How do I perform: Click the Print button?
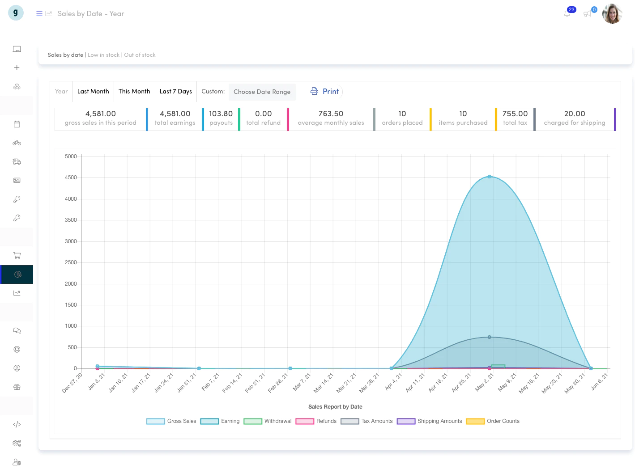coord(324,91)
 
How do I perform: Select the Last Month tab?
coord(93,91)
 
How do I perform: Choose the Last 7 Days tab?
coord(175,91)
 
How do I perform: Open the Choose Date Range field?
coord(262,92)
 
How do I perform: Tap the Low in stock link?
coord(103,55)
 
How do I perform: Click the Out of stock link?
coord(140,55)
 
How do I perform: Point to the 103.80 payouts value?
coord(221,114)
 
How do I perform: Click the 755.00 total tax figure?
coord(515,114)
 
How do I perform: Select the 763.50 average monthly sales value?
coord(331,114)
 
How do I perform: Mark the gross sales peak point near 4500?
coord(489,177)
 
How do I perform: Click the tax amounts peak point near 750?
coord(489,337)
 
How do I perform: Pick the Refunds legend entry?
coord(316,421)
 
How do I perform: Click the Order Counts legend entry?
coord(493,421)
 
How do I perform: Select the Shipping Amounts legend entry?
coord(429,421)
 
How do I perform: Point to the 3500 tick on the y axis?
coord(71,220)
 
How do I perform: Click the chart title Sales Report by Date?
coord(335,406)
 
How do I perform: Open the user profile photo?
coord(612,13)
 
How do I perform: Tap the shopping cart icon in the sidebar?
coord(17,255)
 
